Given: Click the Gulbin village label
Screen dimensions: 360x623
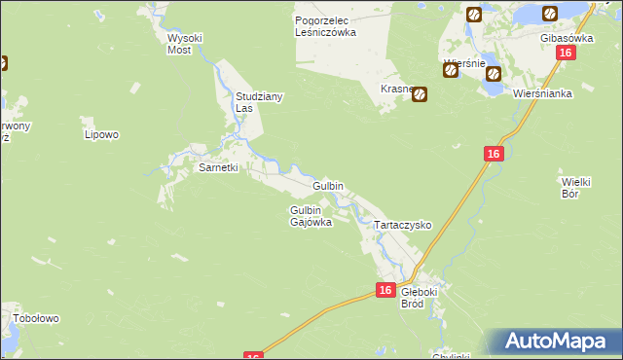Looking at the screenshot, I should [x=327, y=185].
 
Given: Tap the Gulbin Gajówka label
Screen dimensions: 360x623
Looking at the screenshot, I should [x=311, y=216].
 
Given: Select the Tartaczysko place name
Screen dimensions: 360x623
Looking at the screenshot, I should [x=403, y=224].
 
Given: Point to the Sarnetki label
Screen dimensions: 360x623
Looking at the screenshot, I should [x=218, y=167].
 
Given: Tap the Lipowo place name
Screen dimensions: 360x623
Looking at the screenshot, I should [x=100, y=133].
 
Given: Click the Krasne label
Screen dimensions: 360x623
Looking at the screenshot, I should [x=397, y=89].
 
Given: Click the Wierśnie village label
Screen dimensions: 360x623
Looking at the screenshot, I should [x=464, y=63].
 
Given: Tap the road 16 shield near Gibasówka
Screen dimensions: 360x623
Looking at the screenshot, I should [x=564, y=55].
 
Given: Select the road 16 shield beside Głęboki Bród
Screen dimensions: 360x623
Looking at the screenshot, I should [x=386, y=290].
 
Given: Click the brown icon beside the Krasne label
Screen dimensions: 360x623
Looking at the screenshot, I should [x=421, y=95].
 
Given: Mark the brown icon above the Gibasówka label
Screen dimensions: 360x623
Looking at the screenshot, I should [x=550, y=14].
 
